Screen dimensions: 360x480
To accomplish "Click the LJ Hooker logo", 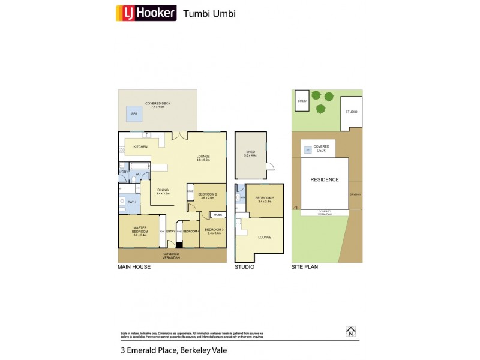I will click(x=146, y=13).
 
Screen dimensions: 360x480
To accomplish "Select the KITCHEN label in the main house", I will click(x=140, y=146).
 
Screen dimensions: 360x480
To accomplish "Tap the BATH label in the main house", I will click(x=132, y=202).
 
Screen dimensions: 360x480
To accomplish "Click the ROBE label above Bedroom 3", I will click(x=217, y=214).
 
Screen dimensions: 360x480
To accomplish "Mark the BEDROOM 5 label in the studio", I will click(x=265, y=199).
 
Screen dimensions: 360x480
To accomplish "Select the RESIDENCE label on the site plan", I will click(x=324, y=179).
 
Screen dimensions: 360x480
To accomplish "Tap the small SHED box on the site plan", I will click(x=302, y=101).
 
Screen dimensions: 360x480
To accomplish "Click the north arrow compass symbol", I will click(x=351, y=331).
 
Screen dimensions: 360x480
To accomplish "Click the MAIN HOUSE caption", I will click(x=134, y=267).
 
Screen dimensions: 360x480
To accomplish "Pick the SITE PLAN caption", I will click(x=305, y=267).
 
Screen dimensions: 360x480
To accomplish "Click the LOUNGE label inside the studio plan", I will click(x=264, y=237).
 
